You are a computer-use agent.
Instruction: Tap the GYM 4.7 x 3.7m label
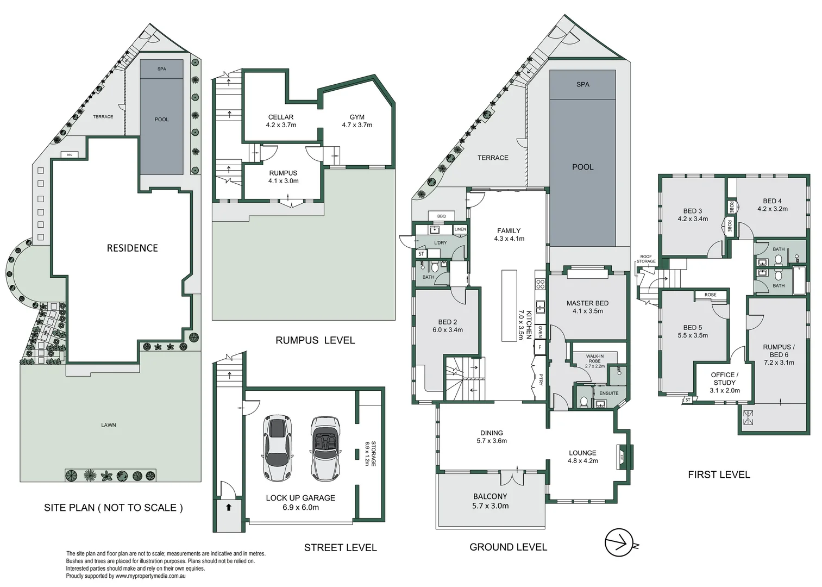click(x=357, y=121)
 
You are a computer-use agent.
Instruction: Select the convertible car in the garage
click(x=326, y=449)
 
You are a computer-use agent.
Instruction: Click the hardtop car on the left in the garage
click(x=278, y=448)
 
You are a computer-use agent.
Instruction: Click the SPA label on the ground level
click(x=582, y=84)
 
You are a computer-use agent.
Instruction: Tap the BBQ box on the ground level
click(x=441, y=216)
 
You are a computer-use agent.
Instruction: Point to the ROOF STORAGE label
click(x=645, y=259)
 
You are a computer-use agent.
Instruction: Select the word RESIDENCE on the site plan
click(x=132, y=248)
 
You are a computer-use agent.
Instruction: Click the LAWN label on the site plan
click(x=109, y=425)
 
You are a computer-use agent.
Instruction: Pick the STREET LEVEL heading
click(x=340, y=547)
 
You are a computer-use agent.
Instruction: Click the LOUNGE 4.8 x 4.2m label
click(x=582, y=457)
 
